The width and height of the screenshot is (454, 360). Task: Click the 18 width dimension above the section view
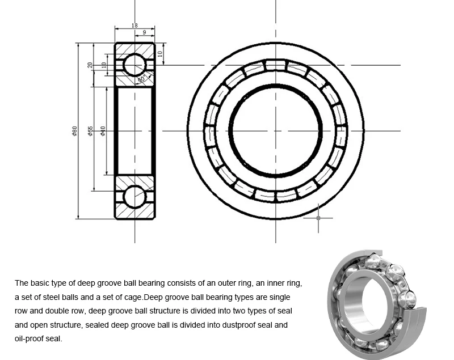coord(134,26)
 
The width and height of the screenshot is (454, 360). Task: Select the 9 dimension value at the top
coord(144,32)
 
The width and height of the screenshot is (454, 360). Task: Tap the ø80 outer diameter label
coord(74,131)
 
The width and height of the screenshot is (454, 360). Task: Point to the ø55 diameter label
coord(90,131)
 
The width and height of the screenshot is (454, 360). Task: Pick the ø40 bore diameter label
coord(103,131)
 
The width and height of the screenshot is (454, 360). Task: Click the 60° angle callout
coord(142,78)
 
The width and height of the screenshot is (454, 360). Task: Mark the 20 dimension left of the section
coord(90,65)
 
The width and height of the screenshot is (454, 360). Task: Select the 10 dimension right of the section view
coord(160,54)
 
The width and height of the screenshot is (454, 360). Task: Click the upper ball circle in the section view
coord(134,65)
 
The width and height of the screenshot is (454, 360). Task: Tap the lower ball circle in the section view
coord(134,197)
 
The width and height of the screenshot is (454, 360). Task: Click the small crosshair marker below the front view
coord(318,218)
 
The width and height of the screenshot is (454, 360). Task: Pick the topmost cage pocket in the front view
coord(276,65)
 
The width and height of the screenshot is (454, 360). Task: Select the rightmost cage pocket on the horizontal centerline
coord(341,131)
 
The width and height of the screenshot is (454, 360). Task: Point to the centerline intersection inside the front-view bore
coord(276,131)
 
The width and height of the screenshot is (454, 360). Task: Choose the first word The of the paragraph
coord(21,283)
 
